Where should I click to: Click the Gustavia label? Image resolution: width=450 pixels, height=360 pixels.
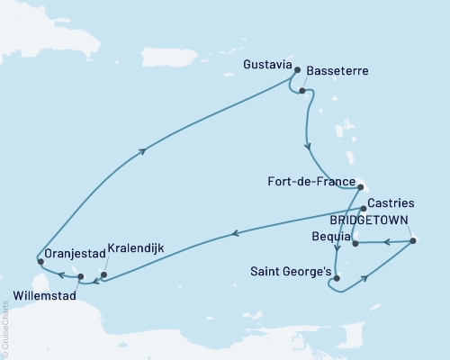tap(267, 66)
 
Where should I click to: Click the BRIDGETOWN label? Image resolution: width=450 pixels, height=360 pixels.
tap(368, 220)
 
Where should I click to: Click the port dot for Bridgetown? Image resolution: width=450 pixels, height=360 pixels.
tap(412, 240)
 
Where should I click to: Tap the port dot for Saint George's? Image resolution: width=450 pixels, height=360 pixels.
tap(336, 278)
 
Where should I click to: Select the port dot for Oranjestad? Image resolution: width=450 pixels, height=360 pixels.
tap(40, 262)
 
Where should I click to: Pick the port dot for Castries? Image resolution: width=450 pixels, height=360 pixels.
tap(363, 209)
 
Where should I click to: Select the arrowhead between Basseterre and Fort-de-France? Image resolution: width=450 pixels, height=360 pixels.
tap(308, 146)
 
